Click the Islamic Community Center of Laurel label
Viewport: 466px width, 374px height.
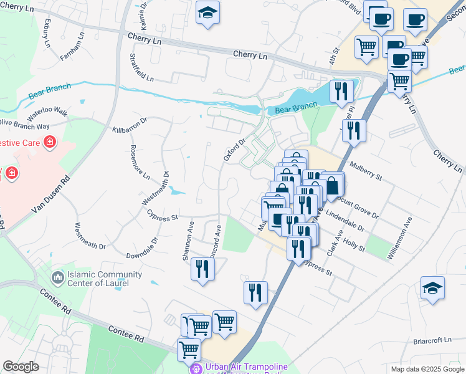(98, 279)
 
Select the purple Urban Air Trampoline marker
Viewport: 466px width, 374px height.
(196, 368)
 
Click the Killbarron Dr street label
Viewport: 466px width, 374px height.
(129, 125)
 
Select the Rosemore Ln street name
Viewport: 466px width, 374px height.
(140, 162)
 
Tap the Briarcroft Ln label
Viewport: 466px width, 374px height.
(431, 341)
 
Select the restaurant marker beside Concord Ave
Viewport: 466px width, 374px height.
(202, 269)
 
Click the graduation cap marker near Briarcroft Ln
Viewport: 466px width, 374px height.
(432, 287)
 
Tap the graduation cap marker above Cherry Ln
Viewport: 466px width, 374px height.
(208, 12)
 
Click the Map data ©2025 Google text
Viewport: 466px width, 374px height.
(427, 369)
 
